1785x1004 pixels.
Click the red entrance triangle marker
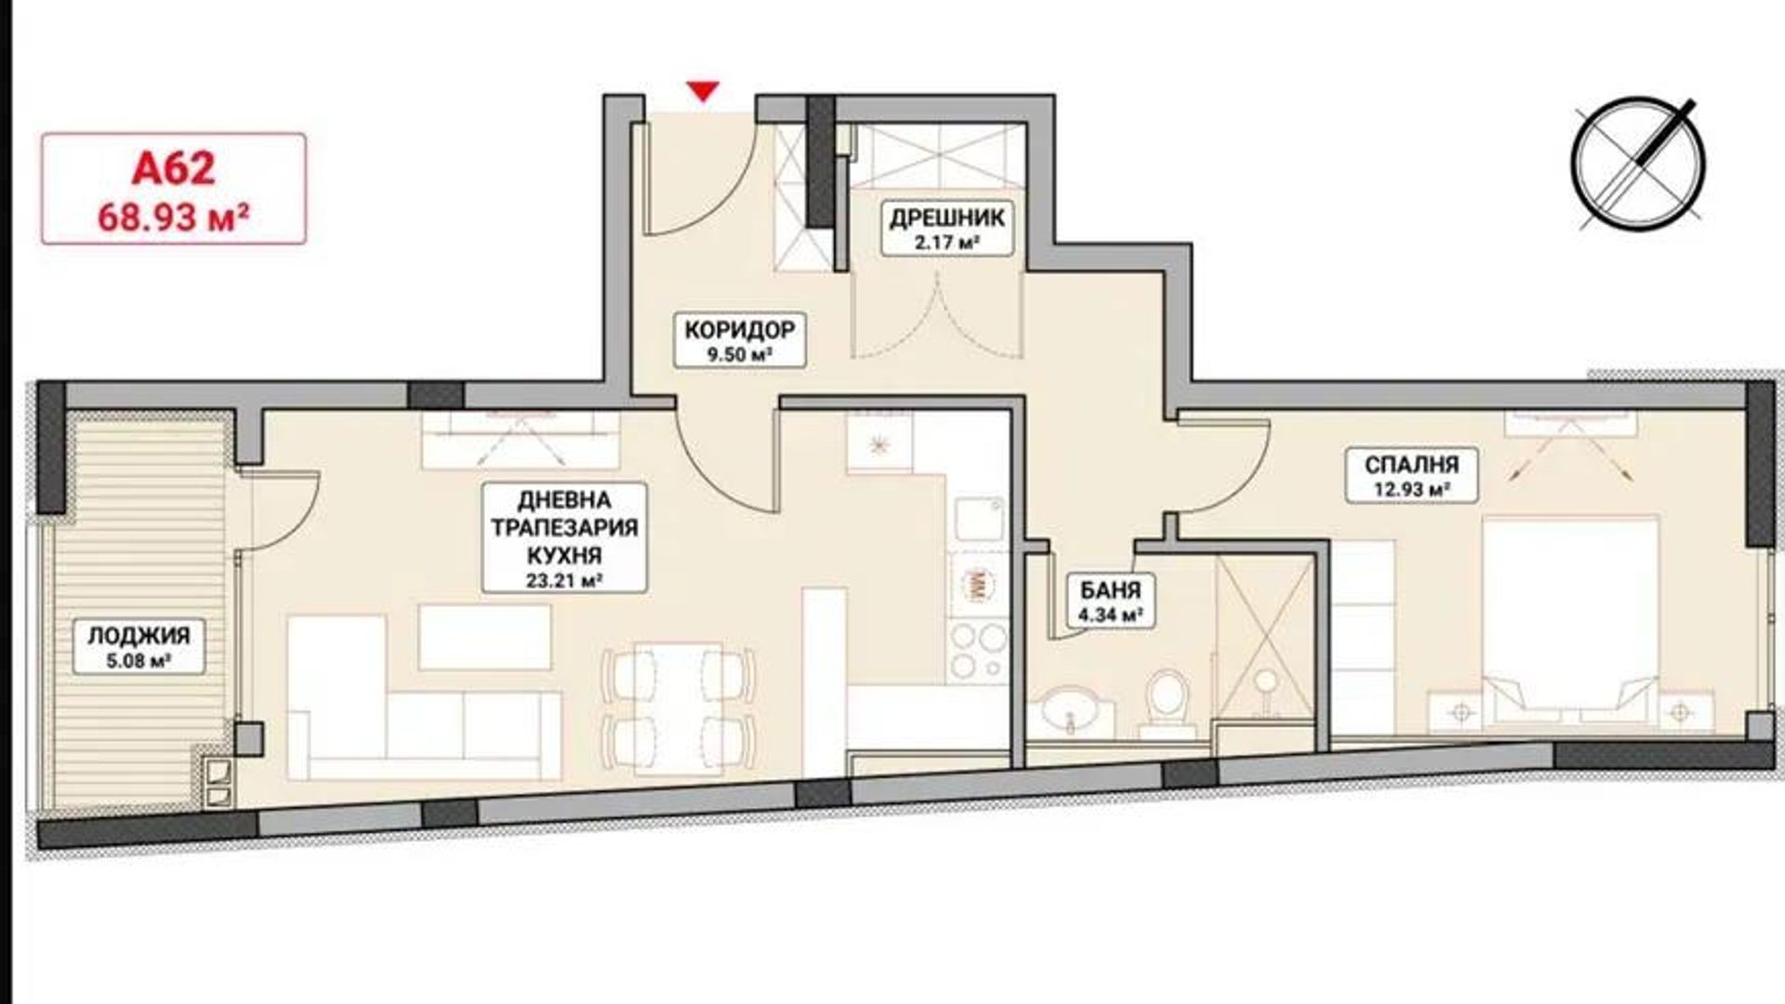click(705, 91)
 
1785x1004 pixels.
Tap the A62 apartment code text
click(174, 169)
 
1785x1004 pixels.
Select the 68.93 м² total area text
click(174, 218)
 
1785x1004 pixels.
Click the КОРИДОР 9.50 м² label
click(740, 339)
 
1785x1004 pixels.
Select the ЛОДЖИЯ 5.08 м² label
click(139, 648)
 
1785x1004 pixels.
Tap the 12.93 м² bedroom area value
click(1398, 490)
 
